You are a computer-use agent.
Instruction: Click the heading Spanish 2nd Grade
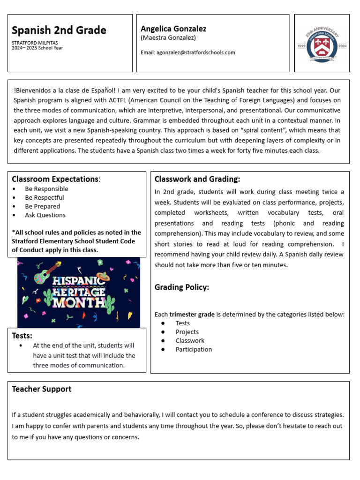click(59, 30)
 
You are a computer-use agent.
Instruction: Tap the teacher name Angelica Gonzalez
click(173, 29)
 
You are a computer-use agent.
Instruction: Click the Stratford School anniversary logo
click(322, 44)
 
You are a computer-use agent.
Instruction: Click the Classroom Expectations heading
click(55, 179)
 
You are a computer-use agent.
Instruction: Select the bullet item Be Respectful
click(45, 197)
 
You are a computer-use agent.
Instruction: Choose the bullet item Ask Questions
click(45, 215)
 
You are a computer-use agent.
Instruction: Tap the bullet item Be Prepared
click(43, 206)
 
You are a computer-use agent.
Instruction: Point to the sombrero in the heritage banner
click(103, 276)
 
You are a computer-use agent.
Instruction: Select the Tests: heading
click(22, 336)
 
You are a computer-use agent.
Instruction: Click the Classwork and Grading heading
click(197, 179)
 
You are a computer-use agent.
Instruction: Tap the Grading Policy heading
click(182, 287)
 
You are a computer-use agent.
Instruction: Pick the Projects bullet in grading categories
click(187, 332)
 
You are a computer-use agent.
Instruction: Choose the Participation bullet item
click(194, 349)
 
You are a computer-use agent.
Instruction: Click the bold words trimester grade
click(192, 314)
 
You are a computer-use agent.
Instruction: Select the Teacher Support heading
click(42, 389)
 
